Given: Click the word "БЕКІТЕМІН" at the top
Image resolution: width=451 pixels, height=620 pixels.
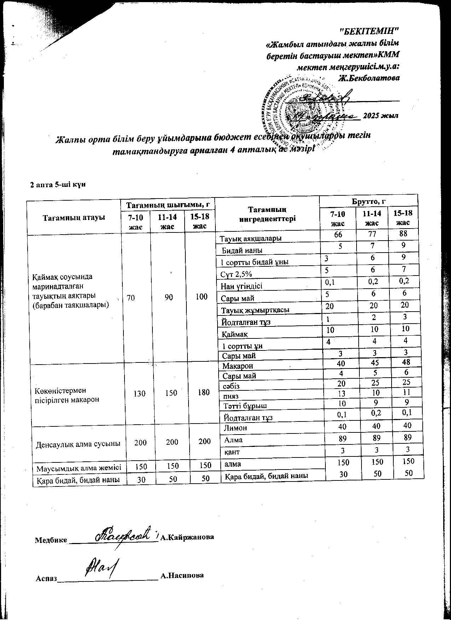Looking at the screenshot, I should tap(369, 31).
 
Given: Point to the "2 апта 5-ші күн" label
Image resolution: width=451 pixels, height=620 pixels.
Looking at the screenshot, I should tap(58, 184).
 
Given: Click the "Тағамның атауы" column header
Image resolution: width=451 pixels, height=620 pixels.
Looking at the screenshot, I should tap(74, 217).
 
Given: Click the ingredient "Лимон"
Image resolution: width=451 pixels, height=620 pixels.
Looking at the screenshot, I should tap(236, 428).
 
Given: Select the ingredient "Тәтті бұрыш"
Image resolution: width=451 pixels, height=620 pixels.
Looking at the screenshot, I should tap(243, 406).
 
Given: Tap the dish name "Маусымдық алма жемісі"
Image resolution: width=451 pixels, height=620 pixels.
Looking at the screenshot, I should tap(79, 468).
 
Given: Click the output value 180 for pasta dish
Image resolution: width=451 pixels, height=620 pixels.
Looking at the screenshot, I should tap(204, 392).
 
